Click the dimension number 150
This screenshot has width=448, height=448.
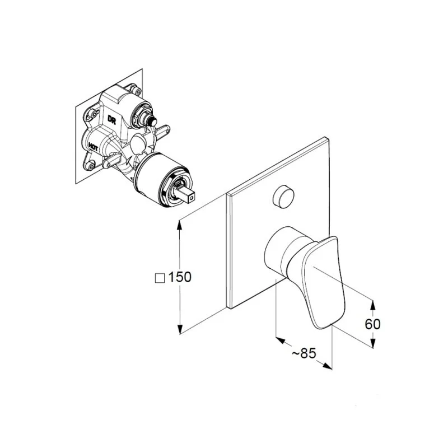180,277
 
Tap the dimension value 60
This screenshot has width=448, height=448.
372,324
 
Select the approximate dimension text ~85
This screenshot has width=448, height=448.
304,353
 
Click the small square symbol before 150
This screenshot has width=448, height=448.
160,278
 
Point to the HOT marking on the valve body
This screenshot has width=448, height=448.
94,147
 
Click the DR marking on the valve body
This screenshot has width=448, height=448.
111,119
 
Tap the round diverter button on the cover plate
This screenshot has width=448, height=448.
283,196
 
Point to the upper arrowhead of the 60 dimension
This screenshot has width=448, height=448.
372,305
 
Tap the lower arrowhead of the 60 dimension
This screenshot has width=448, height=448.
372,343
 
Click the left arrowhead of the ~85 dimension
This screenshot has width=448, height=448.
281,340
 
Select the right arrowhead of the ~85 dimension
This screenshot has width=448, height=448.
328,366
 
